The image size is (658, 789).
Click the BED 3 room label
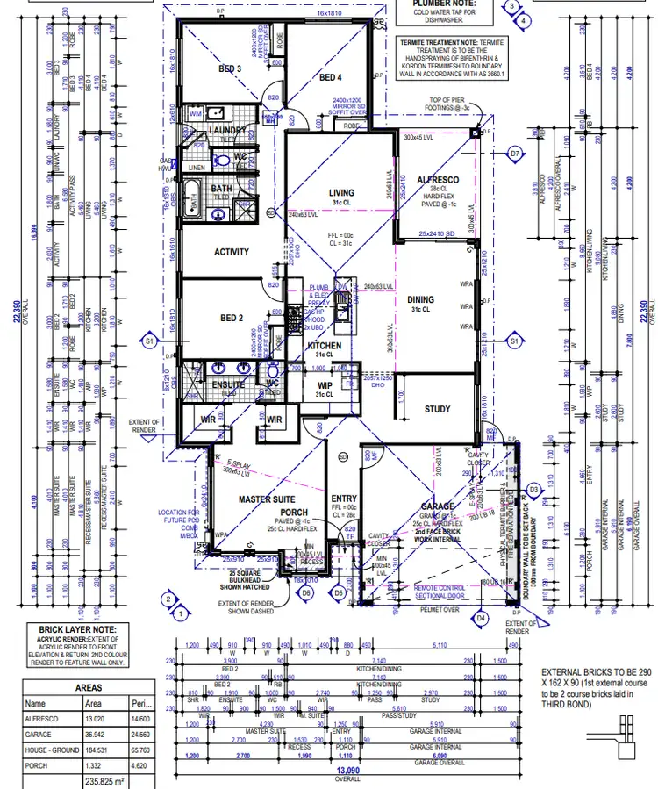(x=229, y=68)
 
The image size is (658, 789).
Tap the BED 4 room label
(x=330, y=78)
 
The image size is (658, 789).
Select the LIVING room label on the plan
(x=341, y=193)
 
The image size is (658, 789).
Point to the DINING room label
(x=420, y=299)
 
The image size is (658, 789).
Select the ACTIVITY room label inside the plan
(x=232, y=252)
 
